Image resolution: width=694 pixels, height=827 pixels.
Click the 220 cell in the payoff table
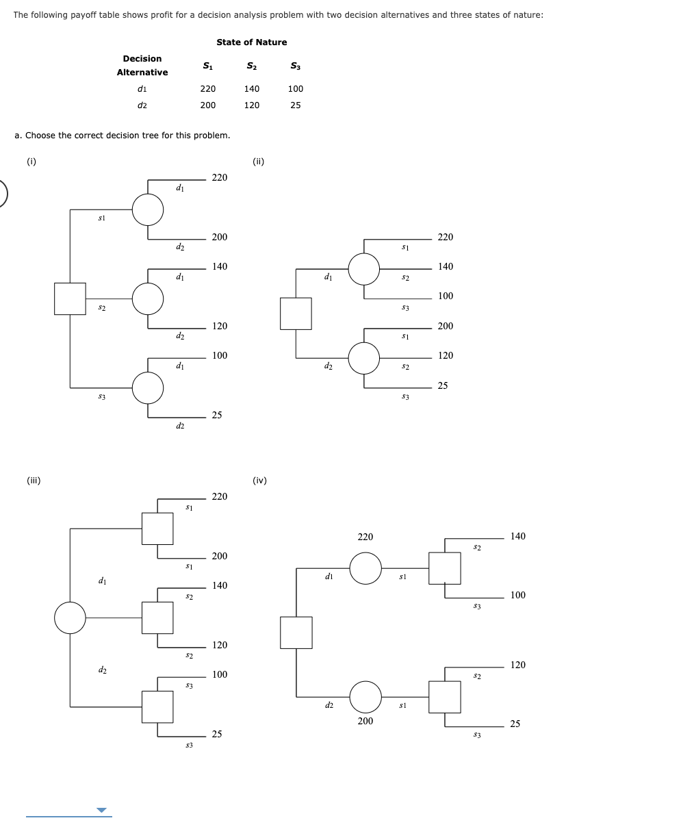point(207,89)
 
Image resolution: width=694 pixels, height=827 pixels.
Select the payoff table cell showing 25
point(295,105)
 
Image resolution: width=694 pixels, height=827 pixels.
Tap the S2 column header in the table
point(251,66)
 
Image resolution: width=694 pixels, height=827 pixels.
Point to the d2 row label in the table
point(142,105)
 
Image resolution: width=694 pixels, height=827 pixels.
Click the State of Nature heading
point(251,42)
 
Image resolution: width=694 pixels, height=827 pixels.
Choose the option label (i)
point(31,162)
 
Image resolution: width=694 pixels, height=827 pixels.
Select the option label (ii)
point(258,162)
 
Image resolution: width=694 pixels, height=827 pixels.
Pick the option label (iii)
point(34,481)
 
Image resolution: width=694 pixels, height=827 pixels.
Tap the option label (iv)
point(259,481)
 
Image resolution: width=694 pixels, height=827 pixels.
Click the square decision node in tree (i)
point(70,298)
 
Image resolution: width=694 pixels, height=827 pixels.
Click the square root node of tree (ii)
point(296,313)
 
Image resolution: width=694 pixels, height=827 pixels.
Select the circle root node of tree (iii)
point(70,618)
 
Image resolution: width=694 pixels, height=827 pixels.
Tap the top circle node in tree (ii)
point(363,269)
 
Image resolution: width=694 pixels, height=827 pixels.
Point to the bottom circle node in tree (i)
point(148,387)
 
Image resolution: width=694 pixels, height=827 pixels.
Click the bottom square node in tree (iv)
point(445,696)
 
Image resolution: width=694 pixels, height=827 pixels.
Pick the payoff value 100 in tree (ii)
point(446,296)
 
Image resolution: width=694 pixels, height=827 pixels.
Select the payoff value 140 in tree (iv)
point(518,537)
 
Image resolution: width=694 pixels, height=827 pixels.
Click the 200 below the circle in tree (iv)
point(365,721)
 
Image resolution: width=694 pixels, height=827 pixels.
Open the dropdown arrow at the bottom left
point(102,811)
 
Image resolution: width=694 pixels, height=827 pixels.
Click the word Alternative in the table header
point(142,73)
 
